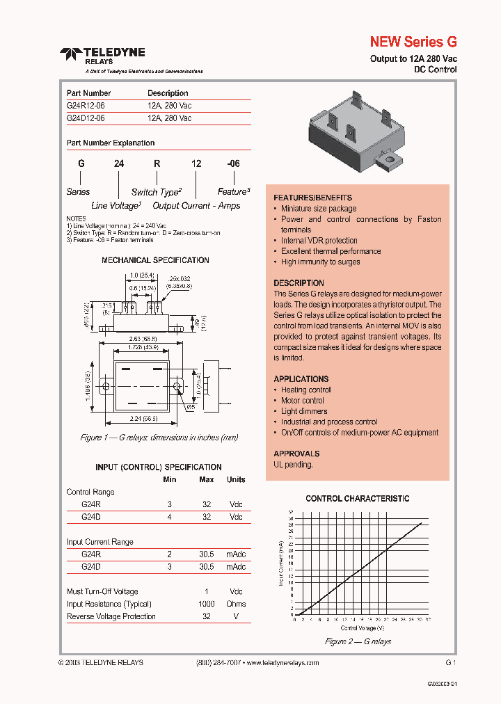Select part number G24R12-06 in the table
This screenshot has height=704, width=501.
[86, 106]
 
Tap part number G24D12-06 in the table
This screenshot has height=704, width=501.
[86, 118]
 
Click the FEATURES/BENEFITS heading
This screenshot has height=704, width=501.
[312, 198]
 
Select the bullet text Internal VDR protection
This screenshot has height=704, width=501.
[319, 241]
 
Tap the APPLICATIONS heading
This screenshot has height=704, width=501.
[301, 379]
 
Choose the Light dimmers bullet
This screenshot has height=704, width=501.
[304, 411]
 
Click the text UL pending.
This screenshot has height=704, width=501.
[293, 464]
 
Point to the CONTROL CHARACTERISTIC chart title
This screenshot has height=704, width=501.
[358, 499]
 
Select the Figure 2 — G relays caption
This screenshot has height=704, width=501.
[358, 641]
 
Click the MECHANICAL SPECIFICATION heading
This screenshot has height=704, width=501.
[155, 260]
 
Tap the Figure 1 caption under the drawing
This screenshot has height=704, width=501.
[159, 438]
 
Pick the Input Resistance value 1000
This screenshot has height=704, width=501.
[206, 604]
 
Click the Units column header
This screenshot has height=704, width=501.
[236, 479]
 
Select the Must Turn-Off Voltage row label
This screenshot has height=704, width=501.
[102, 591]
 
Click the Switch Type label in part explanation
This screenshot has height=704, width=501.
[157, 192]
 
